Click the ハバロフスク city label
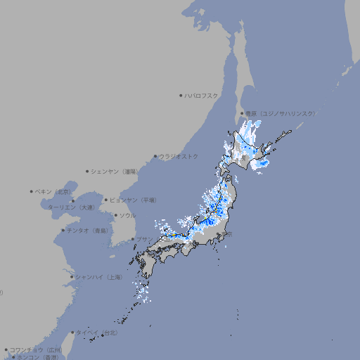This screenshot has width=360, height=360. tap(202, 95)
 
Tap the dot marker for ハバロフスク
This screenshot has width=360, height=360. tap(181, 95)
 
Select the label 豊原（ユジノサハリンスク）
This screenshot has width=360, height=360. tap(281, 113)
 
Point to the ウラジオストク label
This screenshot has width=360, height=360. tap(179, 156)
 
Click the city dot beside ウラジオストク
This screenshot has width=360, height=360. tap(156, 157)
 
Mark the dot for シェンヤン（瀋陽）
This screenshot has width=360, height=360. tap(88, 171)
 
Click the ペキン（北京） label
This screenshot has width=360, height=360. tap(53, 191)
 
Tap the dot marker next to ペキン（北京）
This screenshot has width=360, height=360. tap(32, 191)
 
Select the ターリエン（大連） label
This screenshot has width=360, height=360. tap(71, 207)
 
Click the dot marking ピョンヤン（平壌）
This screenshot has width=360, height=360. tap(107, 200)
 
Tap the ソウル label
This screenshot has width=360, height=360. tap(127, 215)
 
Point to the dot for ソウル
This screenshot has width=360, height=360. tap(115, 215)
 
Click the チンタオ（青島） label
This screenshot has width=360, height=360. tap(87, 230)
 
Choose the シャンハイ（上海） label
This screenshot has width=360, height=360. tap(99, 277)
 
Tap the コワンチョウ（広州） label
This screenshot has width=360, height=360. tap(36, 349)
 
